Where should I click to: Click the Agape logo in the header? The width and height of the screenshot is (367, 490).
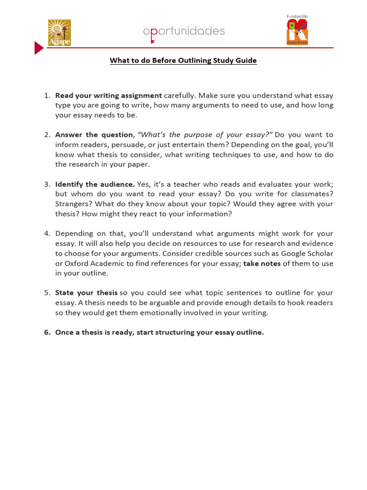coord(59,33)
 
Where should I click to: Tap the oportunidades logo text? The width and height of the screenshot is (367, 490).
coord(184,32)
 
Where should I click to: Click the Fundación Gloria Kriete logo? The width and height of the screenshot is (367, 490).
coord(297,30)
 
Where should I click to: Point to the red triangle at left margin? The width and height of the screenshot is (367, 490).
coord(38,48)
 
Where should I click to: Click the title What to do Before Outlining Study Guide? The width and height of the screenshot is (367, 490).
coord(183,61)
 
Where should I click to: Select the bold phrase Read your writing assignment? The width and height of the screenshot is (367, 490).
coord(108,95)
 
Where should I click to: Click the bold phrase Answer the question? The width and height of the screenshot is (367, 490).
coord(94,135)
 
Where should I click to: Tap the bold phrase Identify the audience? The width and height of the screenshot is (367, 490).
coord(95,184)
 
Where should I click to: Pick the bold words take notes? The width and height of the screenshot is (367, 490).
coord(262,263)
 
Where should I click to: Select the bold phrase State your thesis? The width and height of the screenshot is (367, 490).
coord(86,293)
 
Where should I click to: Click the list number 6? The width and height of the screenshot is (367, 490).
coord(47,333)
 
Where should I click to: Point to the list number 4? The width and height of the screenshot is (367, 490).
coord(47,234)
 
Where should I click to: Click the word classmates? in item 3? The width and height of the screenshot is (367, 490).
coord(313,194)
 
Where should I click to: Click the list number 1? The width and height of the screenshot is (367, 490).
coord(47,95)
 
